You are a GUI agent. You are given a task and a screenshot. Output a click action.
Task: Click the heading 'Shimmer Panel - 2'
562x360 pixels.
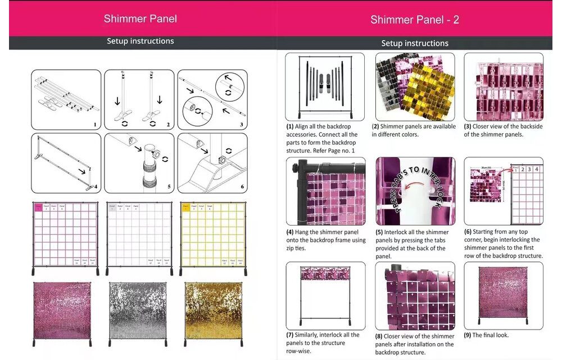pyautogui.click(x=415, y=20)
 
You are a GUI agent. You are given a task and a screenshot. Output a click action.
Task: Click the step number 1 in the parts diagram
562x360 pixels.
pyautogui.click(x=95, y=125)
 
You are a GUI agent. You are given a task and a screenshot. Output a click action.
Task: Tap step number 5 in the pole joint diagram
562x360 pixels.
pyautogui.click(x=169, y=187)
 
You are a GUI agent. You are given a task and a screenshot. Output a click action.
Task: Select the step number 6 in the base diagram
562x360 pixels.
pyautogui.click(x=242, y=187)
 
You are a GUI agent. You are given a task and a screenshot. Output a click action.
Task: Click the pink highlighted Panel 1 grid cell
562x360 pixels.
pyautogui.click(x=38, y=207)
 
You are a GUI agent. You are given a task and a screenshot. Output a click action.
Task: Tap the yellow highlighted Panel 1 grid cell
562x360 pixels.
pyautogui.click(x=185, y=207)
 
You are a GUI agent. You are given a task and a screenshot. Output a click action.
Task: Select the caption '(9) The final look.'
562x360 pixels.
pyautogui.click(x=486, y=335)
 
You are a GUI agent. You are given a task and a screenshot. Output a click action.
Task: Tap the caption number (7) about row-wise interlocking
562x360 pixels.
pyautogui.click(x=290, y=335)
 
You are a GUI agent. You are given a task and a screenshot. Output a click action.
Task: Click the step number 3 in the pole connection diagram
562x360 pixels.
pyautogui.click(x=241, y=125)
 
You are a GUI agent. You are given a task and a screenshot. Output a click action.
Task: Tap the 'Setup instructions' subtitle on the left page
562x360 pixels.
pyautogui.click(x=140, y=41)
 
